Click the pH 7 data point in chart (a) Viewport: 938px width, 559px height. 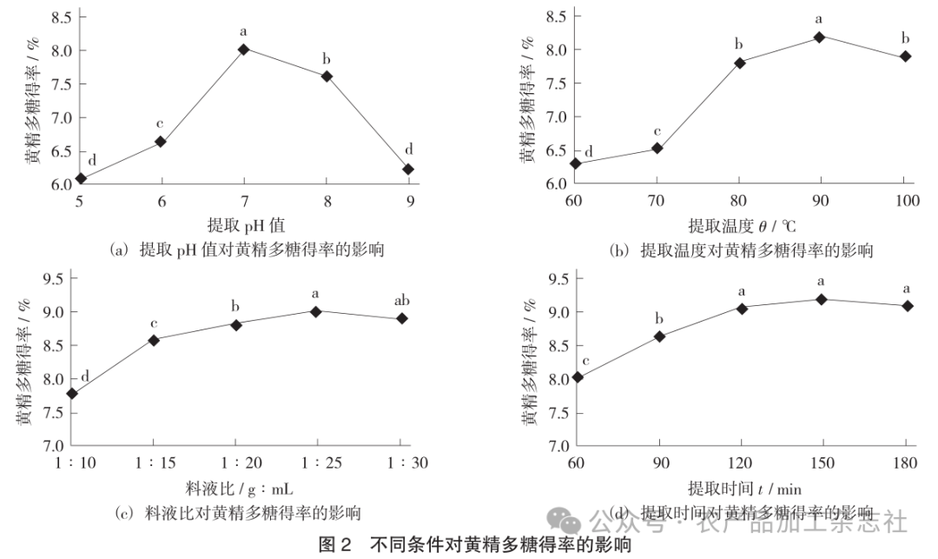click(244, 50)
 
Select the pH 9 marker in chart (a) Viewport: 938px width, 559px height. click(409, 170)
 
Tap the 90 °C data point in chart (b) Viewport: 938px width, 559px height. click(820, 37)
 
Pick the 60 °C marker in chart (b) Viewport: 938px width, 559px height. click(575, 163)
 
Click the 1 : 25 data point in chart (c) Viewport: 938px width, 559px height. click(316, 311)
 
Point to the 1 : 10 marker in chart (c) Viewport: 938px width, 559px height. click(72, 394)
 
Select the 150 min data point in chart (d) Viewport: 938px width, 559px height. click(821, 299)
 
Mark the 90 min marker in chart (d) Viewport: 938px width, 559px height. click(660, 336)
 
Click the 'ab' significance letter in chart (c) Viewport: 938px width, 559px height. click(401, 301)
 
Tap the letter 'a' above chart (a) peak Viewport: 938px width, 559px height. click(244, 33)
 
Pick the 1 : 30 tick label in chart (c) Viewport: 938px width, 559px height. click(400, 463)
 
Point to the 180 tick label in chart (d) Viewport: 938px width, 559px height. click(907, 463)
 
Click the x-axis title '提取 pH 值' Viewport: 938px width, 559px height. click(247, 224)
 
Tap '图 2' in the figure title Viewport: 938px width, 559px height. click(336, 546)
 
